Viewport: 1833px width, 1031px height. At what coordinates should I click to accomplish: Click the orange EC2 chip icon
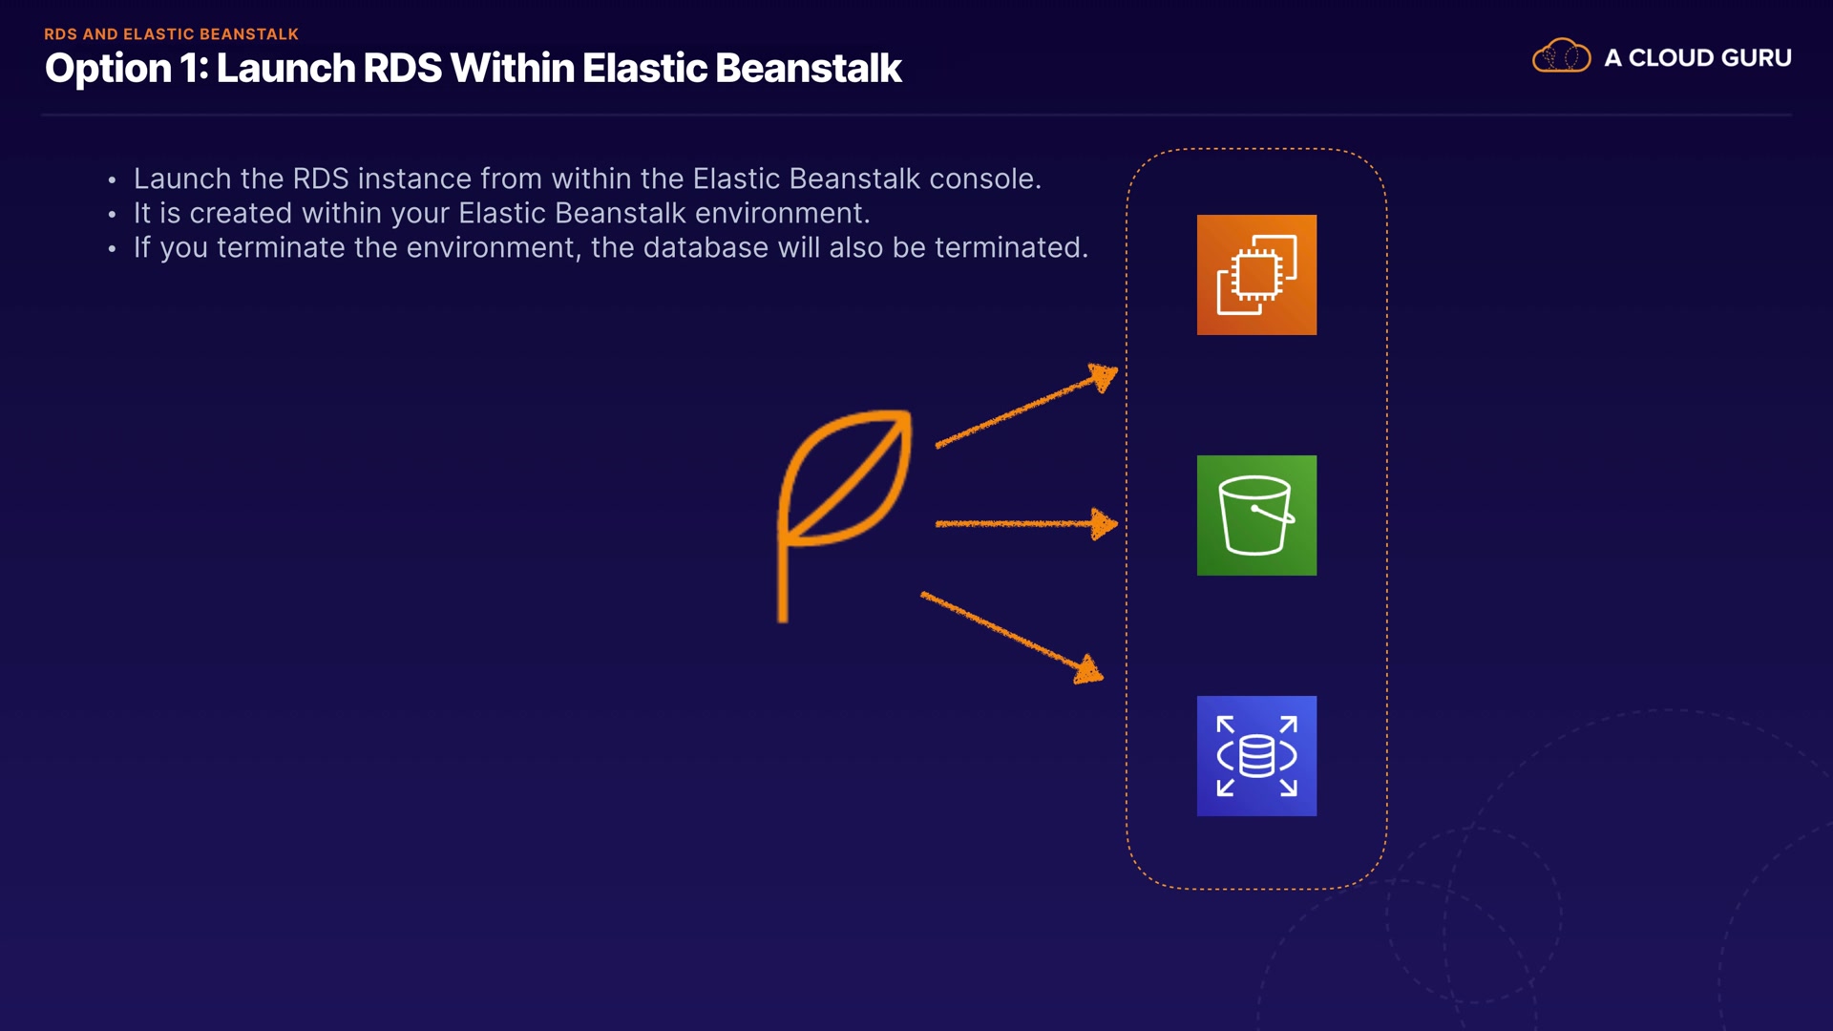[x=1256, y=275]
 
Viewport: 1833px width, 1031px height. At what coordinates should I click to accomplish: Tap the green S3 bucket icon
[x=1256, y=515]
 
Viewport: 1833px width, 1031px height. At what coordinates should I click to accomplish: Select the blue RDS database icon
[x=1256, y=756]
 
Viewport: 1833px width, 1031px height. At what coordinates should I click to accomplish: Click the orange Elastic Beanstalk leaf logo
[x=844, y=515]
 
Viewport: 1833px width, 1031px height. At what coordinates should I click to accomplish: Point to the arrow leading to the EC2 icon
[x=1026, y=405]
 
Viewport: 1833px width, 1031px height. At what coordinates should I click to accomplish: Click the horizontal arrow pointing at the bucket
[x=1026, y=523]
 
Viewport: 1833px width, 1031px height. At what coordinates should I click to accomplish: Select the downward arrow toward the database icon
[x=1012, y=637]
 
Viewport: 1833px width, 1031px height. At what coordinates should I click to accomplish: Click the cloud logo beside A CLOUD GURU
[x=1561, y=56]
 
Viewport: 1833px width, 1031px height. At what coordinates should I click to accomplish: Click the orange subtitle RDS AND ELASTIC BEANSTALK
[x=172, y=34]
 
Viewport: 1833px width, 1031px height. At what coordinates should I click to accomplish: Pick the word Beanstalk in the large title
[x=808, y=69]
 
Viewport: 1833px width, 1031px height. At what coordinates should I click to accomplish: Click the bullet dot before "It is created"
[x=112, y=215]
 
